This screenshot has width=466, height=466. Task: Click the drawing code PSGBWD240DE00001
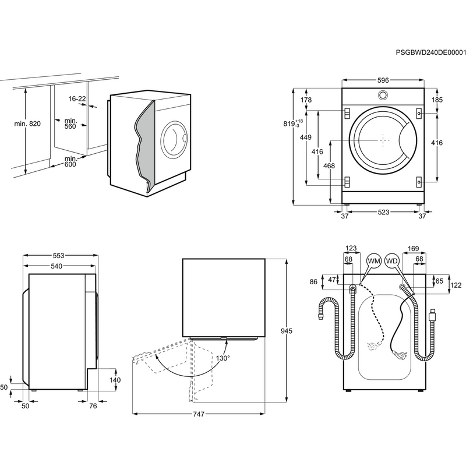click(430, 52)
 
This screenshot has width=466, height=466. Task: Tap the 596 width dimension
click(382, 80)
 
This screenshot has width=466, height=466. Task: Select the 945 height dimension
click(285, 331)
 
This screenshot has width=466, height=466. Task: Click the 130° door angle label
click(223, 358)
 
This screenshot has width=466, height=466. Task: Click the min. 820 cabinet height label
click(27, 124)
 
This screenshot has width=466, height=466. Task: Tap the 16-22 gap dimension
click(77, 99)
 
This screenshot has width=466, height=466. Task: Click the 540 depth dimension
click(57, 267)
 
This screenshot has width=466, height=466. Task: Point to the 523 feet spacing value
click(382, 213)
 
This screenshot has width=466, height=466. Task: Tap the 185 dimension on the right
click(437, 100)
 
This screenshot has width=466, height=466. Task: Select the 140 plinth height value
click(115, 380)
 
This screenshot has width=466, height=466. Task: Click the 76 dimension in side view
click(93, 406)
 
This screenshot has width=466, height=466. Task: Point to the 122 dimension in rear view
click(456, 285)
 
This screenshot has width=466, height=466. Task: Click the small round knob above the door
click(383, 96)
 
